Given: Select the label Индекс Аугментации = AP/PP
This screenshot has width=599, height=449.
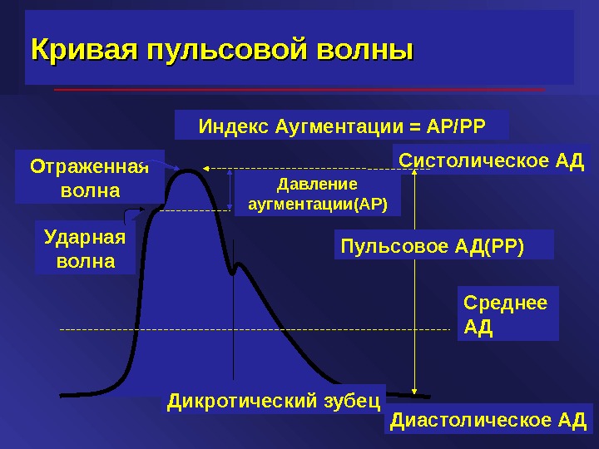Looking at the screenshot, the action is (341, 127).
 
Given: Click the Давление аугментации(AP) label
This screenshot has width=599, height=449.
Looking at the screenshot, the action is (317, 193).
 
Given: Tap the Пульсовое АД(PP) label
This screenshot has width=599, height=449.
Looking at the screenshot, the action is (432, 244).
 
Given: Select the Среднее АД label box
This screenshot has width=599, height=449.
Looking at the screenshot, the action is (507, 314).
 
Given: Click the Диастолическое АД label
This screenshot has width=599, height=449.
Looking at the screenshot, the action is (489, 420).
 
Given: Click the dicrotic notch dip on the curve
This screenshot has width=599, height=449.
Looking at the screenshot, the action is (235, 269).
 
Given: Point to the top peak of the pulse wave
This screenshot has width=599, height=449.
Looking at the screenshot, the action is (191, 170).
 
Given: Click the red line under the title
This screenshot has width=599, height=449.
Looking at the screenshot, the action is (299, 88).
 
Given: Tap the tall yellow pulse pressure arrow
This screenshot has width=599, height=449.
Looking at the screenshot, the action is (415, 283).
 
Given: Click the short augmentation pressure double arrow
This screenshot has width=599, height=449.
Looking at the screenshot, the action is (230, 190).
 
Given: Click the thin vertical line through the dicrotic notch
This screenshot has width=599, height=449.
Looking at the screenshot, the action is (235, 333).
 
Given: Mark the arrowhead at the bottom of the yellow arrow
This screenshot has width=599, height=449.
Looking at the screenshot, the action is (415, 390).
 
